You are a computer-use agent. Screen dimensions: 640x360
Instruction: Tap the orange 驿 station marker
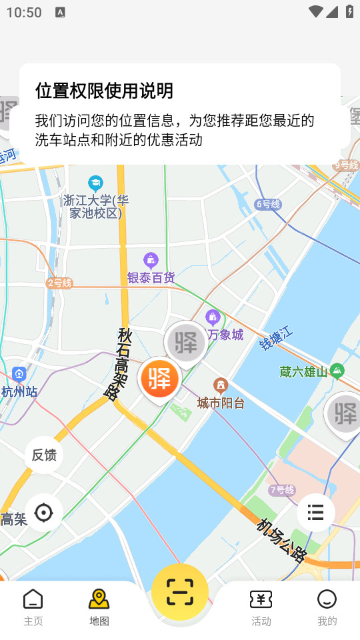tap(160, 378)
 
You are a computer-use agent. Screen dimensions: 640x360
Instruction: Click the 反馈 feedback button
tap(44, 455)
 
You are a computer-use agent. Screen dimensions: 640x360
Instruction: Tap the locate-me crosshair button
tap(44, 513)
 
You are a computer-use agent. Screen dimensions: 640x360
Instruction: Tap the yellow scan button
tap(180, 591)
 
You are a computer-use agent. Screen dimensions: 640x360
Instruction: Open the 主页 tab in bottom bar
tap(33, 607)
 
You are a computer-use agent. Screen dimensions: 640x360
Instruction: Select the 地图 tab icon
tap(99, 599)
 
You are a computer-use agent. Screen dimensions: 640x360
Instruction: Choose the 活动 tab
tap(261, 607)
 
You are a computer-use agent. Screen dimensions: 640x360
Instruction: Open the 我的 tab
tap(327, 607)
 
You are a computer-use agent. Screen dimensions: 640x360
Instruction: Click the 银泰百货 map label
tap(151, 277)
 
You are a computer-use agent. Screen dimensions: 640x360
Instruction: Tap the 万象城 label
tap(225, 334)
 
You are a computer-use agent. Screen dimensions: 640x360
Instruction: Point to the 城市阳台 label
tap(221, 403)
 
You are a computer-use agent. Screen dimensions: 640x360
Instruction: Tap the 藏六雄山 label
tap(304, 372)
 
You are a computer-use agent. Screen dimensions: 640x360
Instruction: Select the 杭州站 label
tap(19, 391)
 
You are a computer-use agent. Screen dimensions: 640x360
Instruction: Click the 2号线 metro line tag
tap(59, 283)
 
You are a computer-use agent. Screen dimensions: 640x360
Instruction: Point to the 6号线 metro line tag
tap(268, 204)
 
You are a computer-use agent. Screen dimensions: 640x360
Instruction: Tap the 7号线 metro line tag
tap(281, 490)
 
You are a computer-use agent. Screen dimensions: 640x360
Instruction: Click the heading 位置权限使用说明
tap(105, 91)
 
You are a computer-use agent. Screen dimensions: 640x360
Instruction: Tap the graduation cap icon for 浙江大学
tap(96, 183)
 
